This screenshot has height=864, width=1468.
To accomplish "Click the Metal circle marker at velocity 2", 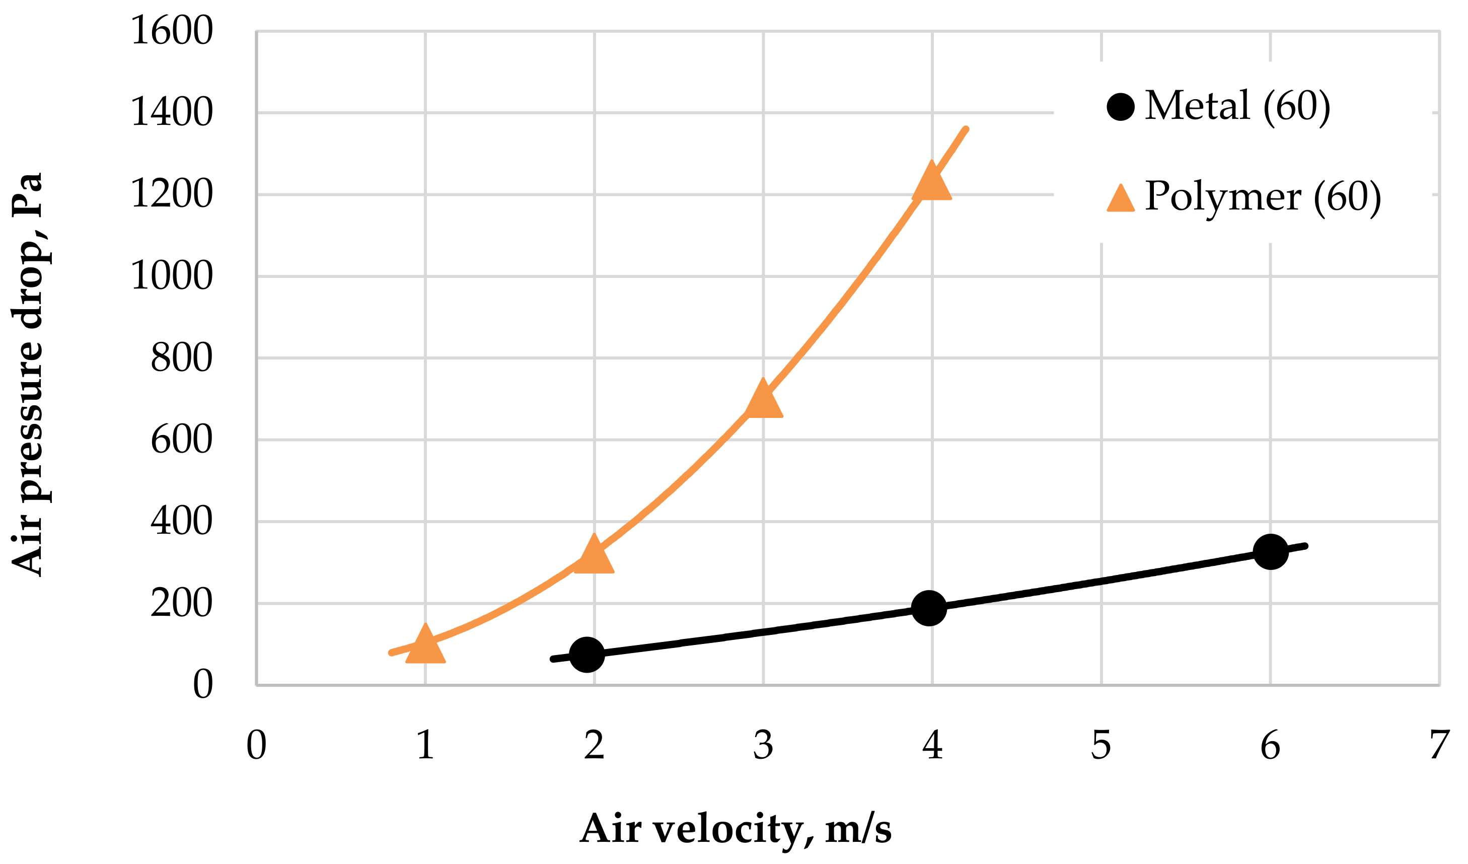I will click(x=586, y=654).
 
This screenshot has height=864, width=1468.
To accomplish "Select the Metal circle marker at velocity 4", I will click(x=928, y=608).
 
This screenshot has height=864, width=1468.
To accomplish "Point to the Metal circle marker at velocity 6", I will click(x=1271, y=551).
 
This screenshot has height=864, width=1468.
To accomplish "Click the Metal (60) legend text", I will click(x=1237, y=106).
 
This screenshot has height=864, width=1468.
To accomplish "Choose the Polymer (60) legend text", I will click(x=1263, y=197).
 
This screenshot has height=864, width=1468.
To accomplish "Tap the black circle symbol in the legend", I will click(x=1120, y=107).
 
